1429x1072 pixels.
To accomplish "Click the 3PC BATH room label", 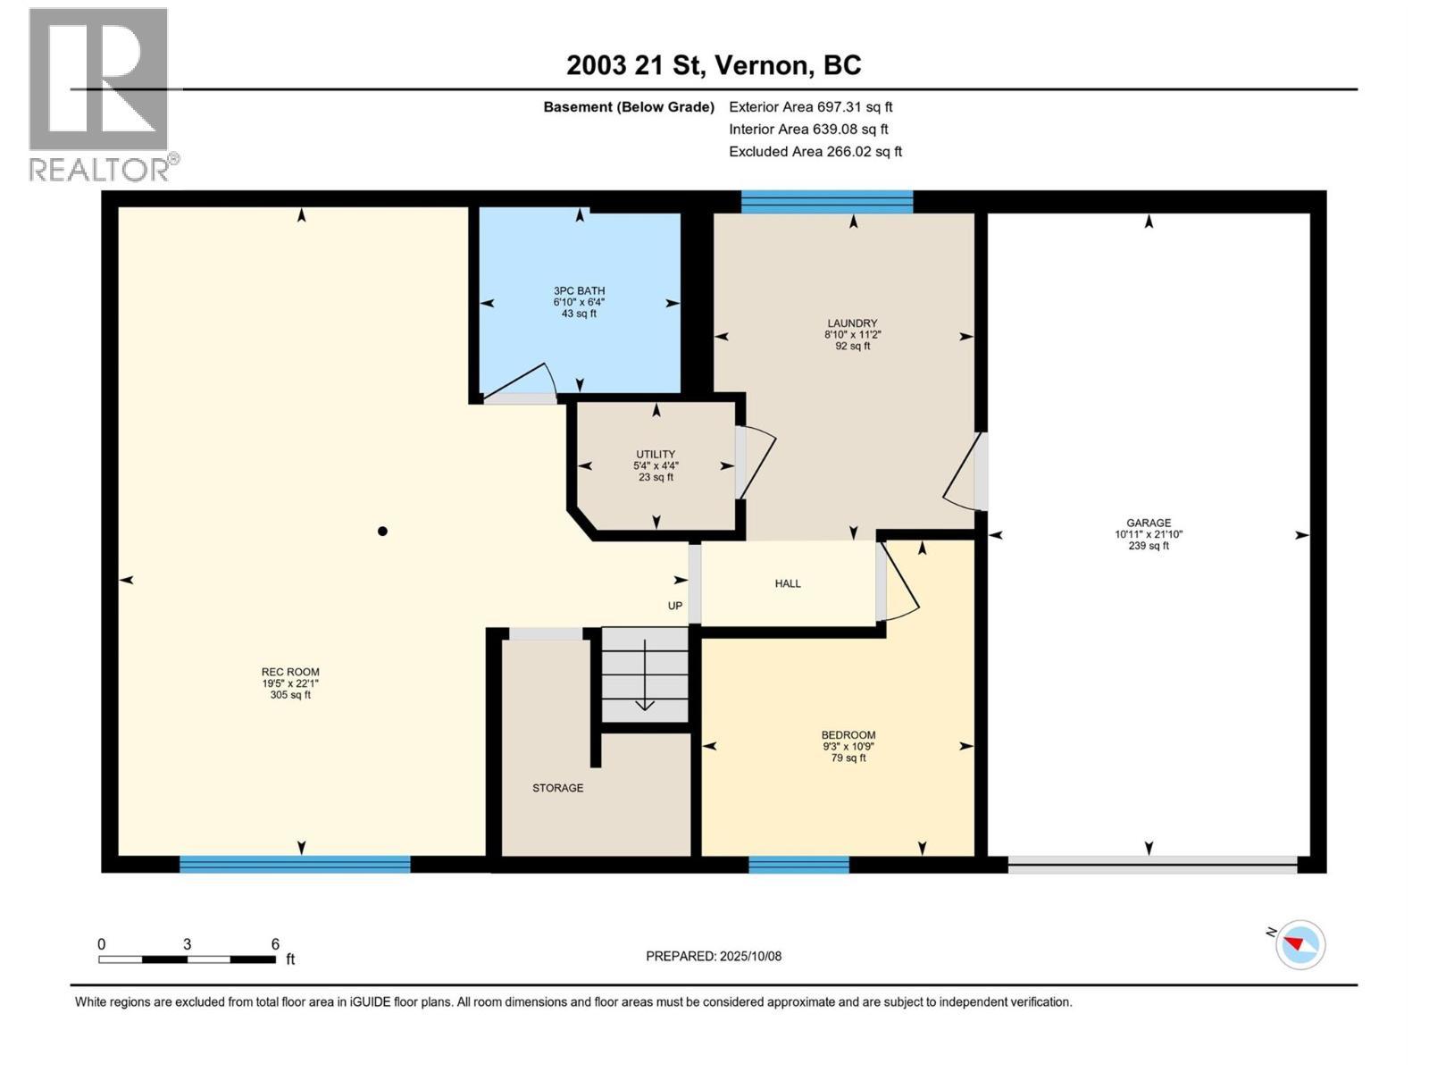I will tap(579, 290).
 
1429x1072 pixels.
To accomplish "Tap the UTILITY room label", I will tap(656, 454).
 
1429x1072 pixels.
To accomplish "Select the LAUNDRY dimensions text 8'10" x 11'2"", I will tap(852, 334).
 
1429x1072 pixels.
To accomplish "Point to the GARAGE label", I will tap(1148, 523).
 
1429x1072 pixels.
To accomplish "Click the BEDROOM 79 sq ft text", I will tap(848, 758).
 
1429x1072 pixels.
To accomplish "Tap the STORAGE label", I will tap(557, 788).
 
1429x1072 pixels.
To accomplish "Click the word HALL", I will tap(787, 583).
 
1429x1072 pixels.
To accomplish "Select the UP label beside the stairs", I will tap(675, 606).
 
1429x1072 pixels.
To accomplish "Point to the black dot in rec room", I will tap(382, 531).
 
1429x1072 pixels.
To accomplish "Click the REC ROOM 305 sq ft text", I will tap(290, 694).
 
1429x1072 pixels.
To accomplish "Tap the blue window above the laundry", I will tap(827, 202).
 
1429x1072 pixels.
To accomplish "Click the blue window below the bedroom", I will tap(798, 864).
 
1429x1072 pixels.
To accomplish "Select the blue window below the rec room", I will tap(295, 864).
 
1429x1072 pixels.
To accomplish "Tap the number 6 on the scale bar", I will tap(275, 944).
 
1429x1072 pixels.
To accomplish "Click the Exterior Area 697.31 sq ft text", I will tap(810, 106).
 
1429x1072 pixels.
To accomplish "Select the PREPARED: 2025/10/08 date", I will tap(713, 956).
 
